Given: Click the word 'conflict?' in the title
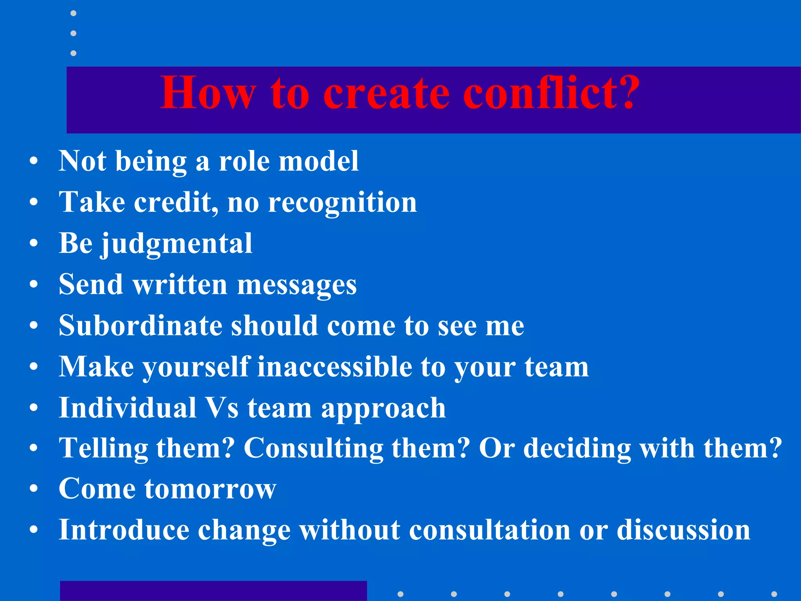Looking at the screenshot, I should tap(551, 93).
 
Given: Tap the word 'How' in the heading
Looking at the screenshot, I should tap(208, 93).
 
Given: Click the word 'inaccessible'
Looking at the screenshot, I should tap(334, 367).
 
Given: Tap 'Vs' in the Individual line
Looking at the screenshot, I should tap(222, 408).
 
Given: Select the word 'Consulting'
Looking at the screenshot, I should tap(314, 448).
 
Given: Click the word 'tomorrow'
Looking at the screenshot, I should tap(210, 489).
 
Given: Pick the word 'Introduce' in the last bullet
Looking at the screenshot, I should tap(124, 530).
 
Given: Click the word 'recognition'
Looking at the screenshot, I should tap(342, 203).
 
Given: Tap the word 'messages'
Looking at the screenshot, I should tap(297, 285).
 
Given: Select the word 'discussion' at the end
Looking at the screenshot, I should tap(683, 530).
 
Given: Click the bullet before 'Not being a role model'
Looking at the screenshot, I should tap(34, 161).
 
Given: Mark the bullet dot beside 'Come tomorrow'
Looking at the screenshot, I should tap(34, 489).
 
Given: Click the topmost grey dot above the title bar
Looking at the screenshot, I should tap(73, 13).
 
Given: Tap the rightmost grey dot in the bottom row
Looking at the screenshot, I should tap(774, 594).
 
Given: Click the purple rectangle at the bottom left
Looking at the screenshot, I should tap(213, 591).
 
